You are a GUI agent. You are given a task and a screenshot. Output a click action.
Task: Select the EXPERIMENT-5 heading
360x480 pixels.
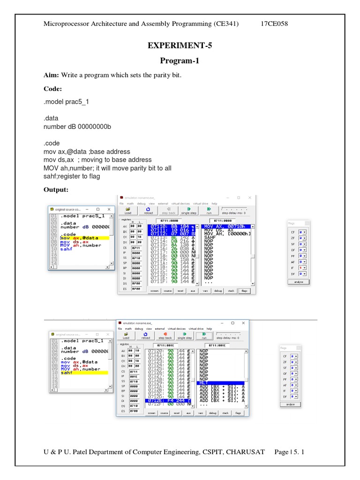click(x=180, y=45)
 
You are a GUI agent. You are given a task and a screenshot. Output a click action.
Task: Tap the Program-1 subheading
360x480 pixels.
click(x=180, y=61)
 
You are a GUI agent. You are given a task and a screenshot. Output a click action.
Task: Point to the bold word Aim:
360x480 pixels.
click(x=51, y=75)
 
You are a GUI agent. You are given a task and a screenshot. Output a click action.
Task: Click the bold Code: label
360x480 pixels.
click(x=53, y=89)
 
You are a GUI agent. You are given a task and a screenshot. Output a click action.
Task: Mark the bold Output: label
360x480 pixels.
click(x=56, y=189)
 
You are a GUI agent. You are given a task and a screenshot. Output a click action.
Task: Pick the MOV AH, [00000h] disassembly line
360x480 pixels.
click(x=227, y=233)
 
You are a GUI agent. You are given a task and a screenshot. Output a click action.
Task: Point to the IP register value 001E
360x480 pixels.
click(x=136, y=376)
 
